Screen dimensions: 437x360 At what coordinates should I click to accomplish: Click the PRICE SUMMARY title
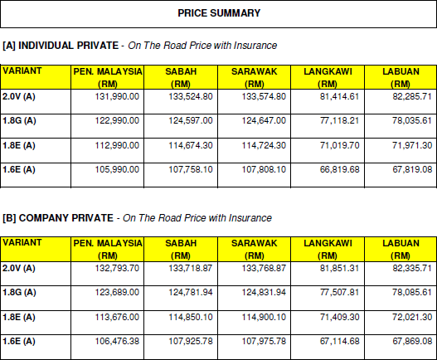pyautogui.click(x=219, y=13)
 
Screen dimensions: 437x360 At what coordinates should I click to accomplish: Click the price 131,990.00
pyautogui.click(x=117, y=96)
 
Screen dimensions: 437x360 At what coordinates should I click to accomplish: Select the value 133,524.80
pyautogui.click(x=191, y=96)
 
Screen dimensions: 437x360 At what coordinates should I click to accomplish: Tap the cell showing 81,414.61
pyautogui.click(x=339, y=96)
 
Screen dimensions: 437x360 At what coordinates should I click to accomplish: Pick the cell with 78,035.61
pyautogui.click(x=412, y=121)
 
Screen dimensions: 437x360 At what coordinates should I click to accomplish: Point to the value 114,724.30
pyautogui.click(x=264, y=145)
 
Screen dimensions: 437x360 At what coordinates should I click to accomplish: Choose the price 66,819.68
pyautogui.click(x=339, y=169)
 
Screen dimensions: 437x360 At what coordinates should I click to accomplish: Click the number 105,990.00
pyautogui.click(x=117, y=169)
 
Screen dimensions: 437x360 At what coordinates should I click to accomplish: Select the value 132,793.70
pyautogui.click(x=117, y=268)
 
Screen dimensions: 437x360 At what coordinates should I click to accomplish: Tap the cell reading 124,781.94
pyautogui.click(x=191, y=292)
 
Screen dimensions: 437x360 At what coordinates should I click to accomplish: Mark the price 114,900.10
pyautogui.click(x=264, y=317)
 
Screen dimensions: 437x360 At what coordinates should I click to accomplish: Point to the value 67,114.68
pyautogui.click(x=339, y=341)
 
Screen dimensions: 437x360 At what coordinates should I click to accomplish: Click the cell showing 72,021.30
pyautogui.click(x=412, y=317)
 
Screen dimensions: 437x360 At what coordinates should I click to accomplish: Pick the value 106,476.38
pyautogui.click(x=117, y=341)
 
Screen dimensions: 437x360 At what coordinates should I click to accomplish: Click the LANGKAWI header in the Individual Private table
pyautogui.click(x=328, y=71)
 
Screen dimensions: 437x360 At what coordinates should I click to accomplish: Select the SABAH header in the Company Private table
pyautogui.click(x=181, y=243)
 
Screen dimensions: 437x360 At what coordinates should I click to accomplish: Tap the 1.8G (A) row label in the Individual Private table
pyautogui.click(x=19, y=121)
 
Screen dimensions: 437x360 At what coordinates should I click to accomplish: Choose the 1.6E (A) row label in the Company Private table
pyautogui.click(x=19, y=341)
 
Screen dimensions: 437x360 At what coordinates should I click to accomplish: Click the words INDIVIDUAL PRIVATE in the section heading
pyautogui.click(x=69, y=46)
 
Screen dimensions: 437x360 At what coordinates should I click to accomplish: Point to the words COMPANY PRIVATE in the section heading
pyautogui.click(x=66, y=218)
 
